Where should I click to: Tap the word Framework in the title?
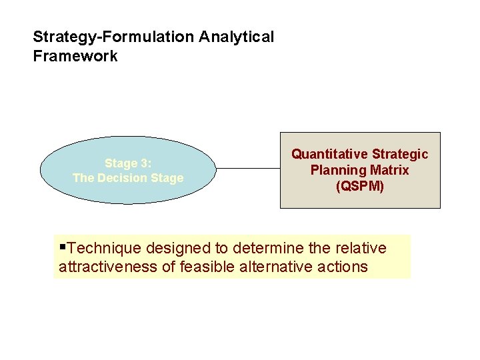tap(75, 56)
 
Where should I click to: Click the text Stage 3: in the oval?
tap(127, 163)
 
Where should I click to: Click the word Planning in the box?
tap(337, 170)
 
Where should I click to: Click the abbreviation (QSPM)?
tap(360, 186)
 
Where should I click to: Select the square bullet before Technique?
tap(63, 248)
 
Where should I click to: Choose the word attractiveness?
tap(109, 267)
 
